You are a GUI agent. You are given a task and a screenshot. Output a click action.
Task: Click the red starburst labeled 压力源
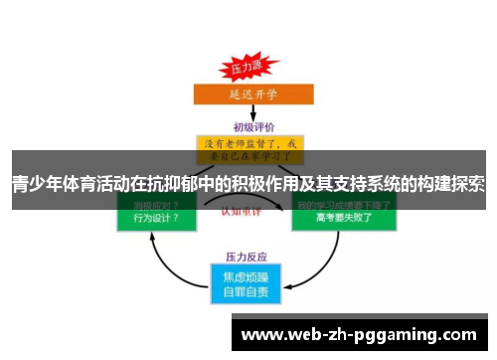click(x=245, y=71)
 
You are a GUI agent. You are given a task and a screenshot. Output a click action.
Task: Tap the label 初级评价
click(x=249, y=126)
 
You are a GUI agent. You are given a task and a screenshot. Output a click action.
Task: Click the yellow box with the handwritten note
click(x=249, y=149)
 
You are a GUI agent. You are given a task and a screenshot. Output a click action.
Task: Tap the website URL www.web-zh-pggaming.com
click(x=359, y=335)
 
